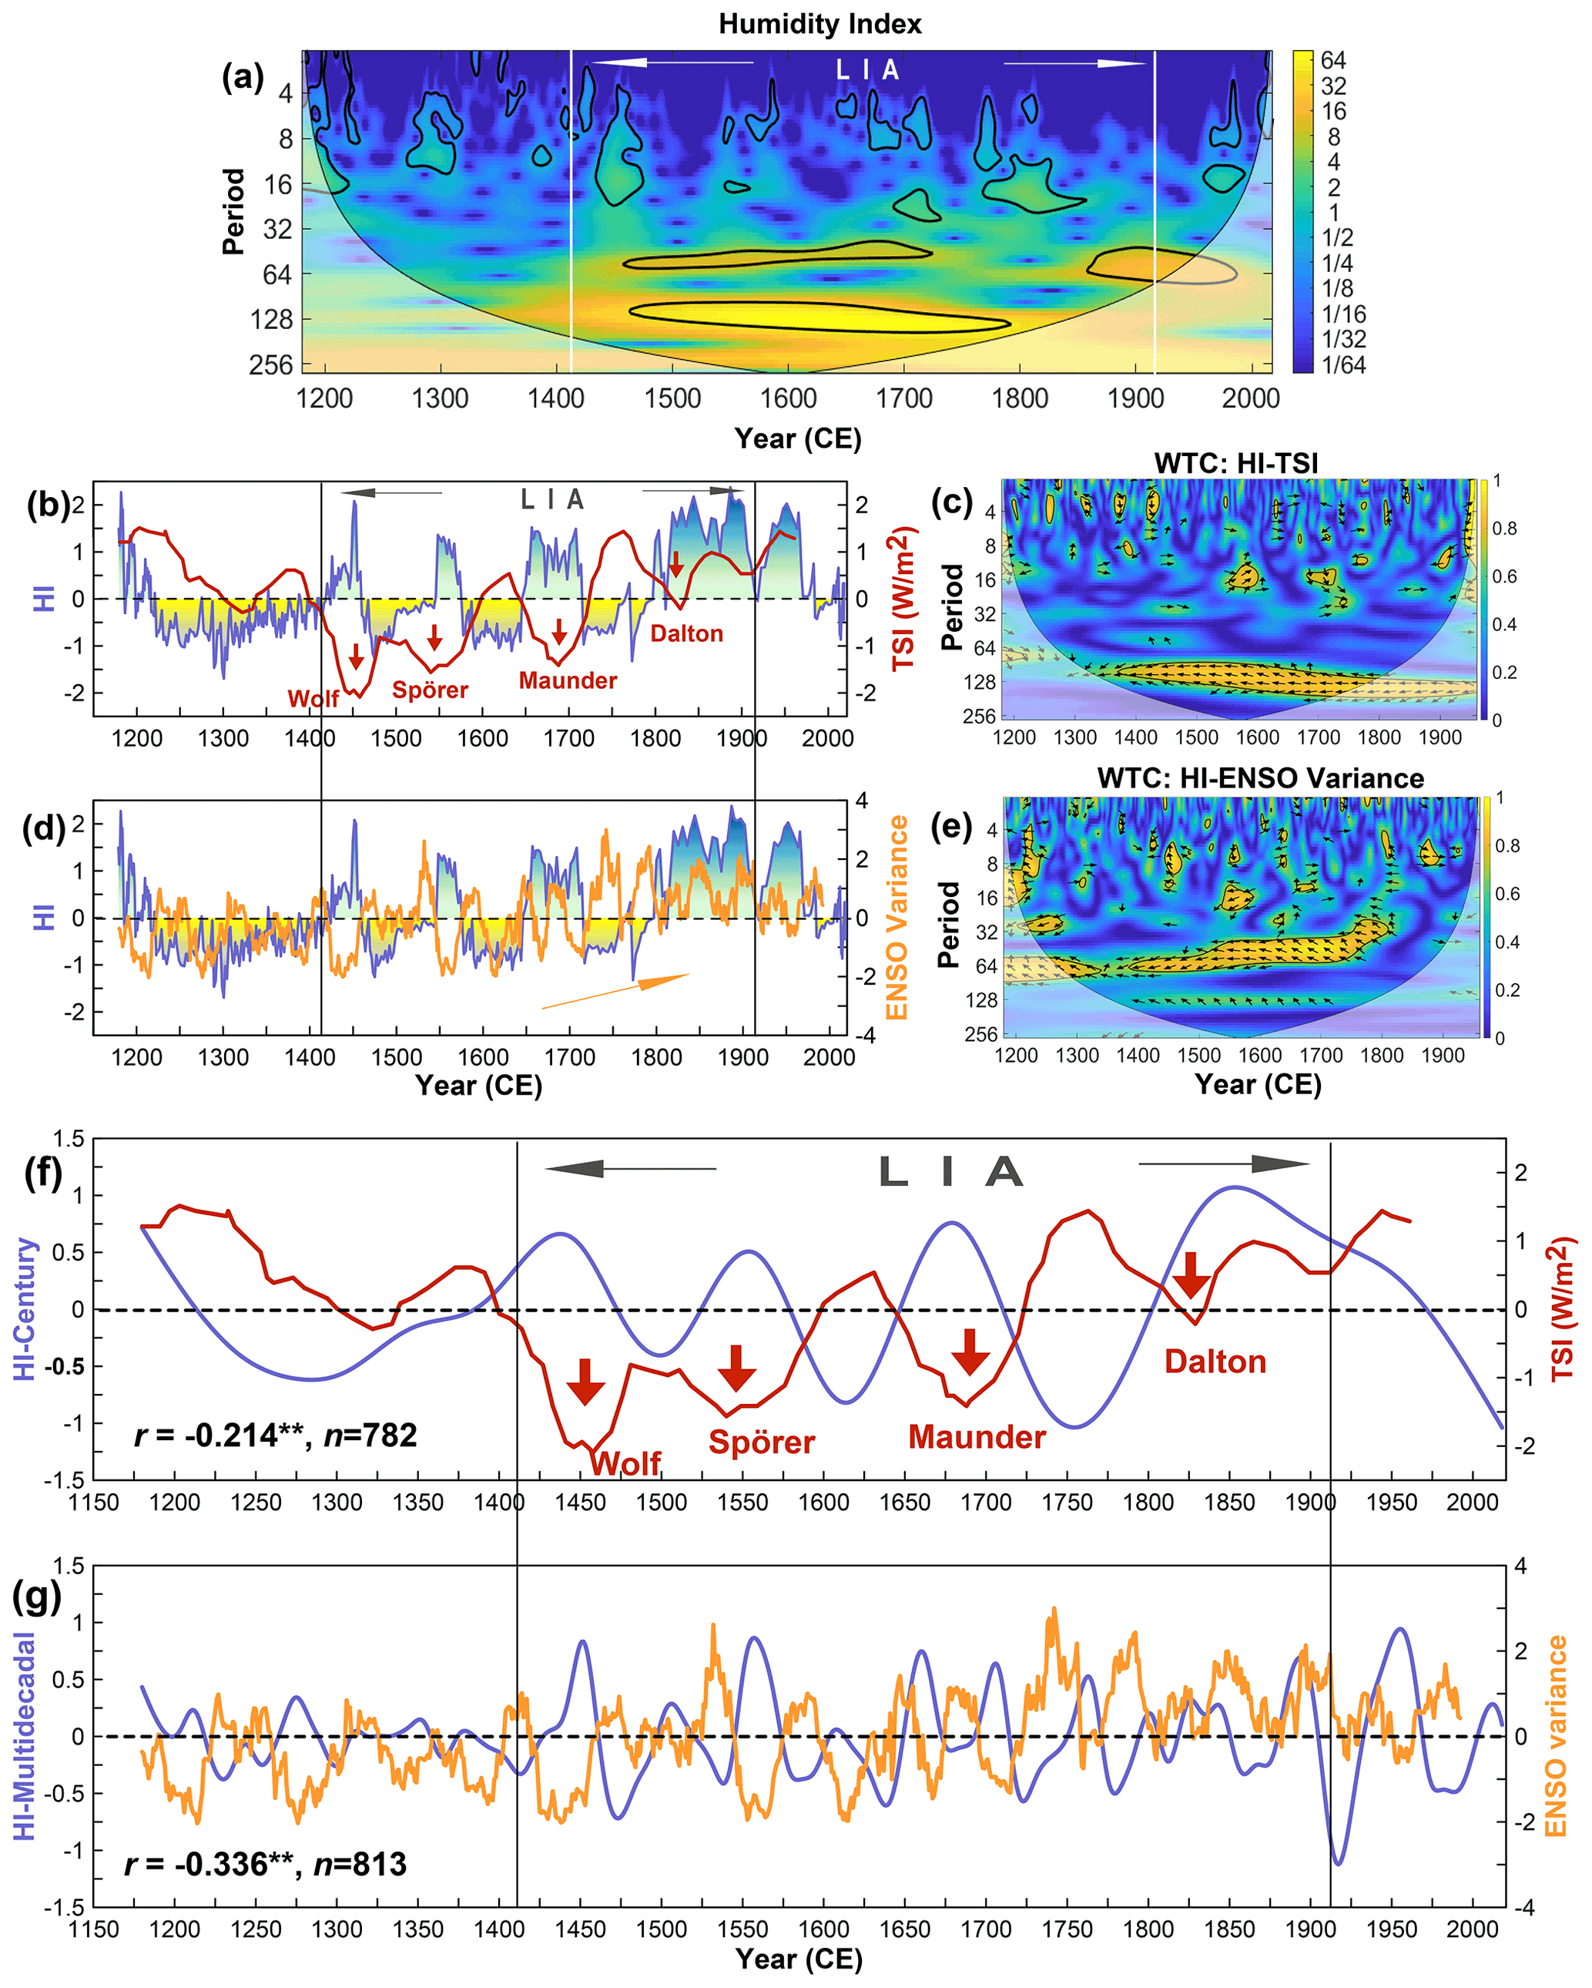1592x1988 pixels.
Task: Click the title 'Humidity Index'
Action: tap(819, 24)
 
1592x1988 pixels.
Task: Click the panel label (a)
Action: tap(243, 78)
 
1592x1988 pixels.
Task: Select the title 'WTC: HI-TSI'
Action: tap(1235, 463)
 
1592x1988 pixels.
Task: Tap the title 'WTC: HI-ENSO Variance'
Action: tap(1259, 778)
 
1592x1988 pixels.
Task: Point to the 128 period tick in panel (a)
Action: tap(271, 320)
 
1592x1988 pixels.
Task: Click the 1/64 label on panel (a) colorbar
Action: tap(1343, 365)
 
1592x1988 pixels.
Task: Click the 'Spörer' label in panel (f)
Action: tap(762, 1442)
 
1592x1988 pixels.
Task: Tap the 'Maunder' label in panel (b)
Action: tap(568, 680)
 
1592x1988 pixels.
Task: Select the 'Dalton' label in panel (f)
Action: tap(1215, 1362)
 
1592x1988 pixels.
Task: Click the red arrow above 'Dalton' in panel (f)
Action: tap(1191, 1275)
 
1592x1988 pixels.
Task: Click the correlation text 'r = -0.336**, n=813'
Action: tap(266, 1865)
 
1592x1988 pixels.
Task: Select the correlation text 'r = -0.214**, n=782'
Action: tap(276, 1435)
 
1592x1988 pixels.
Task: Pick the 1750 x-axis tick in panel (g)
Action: tap(1067, 1929)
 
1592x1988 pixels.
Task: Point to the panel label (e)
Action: tap(951, 826)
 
